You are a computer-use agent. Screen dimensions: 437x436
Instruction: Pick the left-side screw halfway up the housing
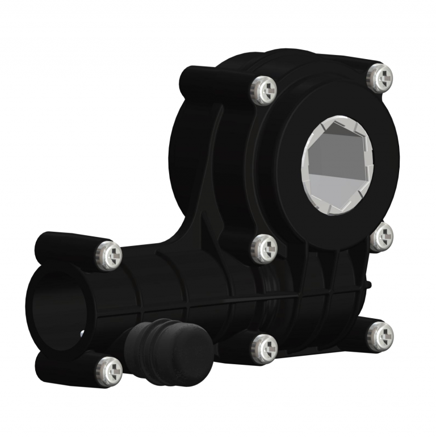point(264,248)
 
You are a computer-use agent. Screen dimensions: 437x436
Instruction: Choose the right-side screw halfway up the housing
point(381,238)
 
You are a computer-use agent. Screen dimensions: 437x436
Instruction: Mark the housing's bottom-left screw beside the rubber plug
point(264,346)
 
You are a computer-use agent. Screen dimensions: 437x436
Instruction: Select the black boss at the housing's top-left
point(196,80)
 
